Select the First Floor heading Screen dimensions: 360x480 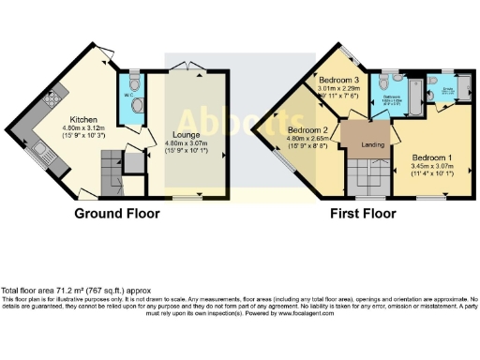pyautogui.click(x=362, y=214)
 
